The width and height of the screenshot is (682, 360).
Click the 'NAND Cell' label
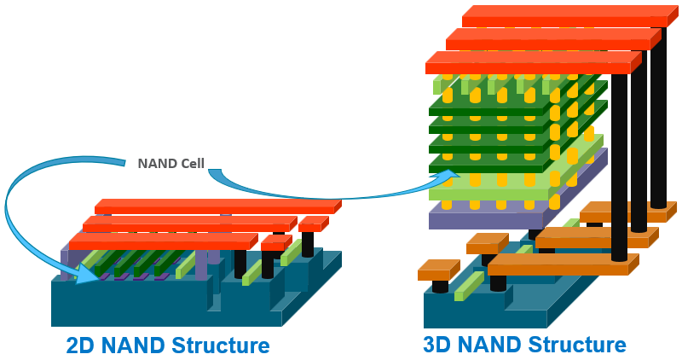(x=170, y=163)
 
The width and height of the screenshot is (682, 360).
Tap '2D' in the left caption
(x=84, y=345)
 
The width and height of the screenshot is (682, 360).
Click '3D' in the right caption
(x=441, y=345)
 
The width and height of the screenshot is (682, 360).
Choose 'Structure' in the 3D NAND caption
(x=577, y=345)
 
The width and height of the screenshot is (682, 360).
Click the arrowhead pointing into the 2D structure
(x=86, y=273)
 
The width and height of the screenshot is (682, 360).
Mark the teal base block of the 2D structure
(x=128, y=303)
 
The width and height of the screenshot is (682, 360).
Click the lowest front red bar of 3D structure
(x=529, y=63)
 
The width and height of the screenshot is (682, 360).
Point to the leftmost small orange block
(x=436, y=274)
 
